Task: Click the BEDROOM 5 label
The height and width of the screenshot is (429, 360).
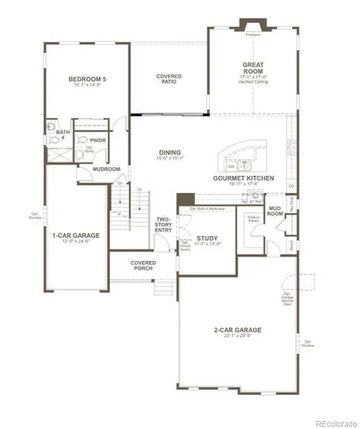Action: point(88,80)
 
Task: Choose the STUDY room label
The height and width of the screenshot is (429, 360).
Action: point(207,237)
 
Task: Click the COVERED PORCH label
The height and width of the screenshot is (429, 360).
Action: point(143,265)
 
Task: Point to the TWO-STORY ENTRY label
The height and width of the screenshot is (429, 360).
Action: point(163,224)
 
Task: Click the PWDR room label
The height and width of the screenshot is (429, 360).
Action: point(97,139)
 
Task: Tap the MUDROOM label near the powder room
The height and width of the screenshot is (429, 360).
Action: point(108,168)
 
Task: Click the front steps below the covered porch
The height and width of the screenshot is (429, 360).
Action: point(161,287)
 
